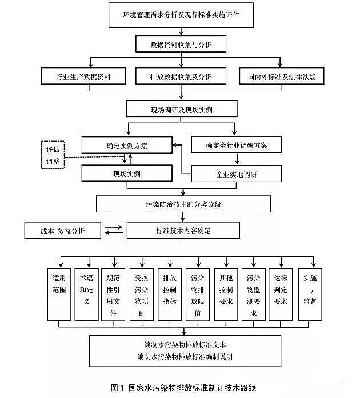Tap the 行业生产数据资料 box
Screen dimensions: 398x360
83,76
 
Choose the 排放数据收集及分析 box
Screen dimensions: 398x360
181,76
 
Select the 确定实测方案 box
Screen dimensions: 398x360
126,146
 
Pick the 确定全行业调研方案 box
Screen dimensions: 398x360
236,146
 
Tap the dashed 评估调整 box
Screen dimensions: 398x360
53,155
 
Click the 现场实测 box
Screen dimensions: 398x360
126,174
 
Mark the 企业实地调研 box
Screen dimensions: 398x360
236,174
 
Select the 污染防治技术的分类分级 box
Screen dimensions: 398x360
181,203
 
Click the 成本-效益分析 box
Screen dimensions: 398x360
63,231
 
